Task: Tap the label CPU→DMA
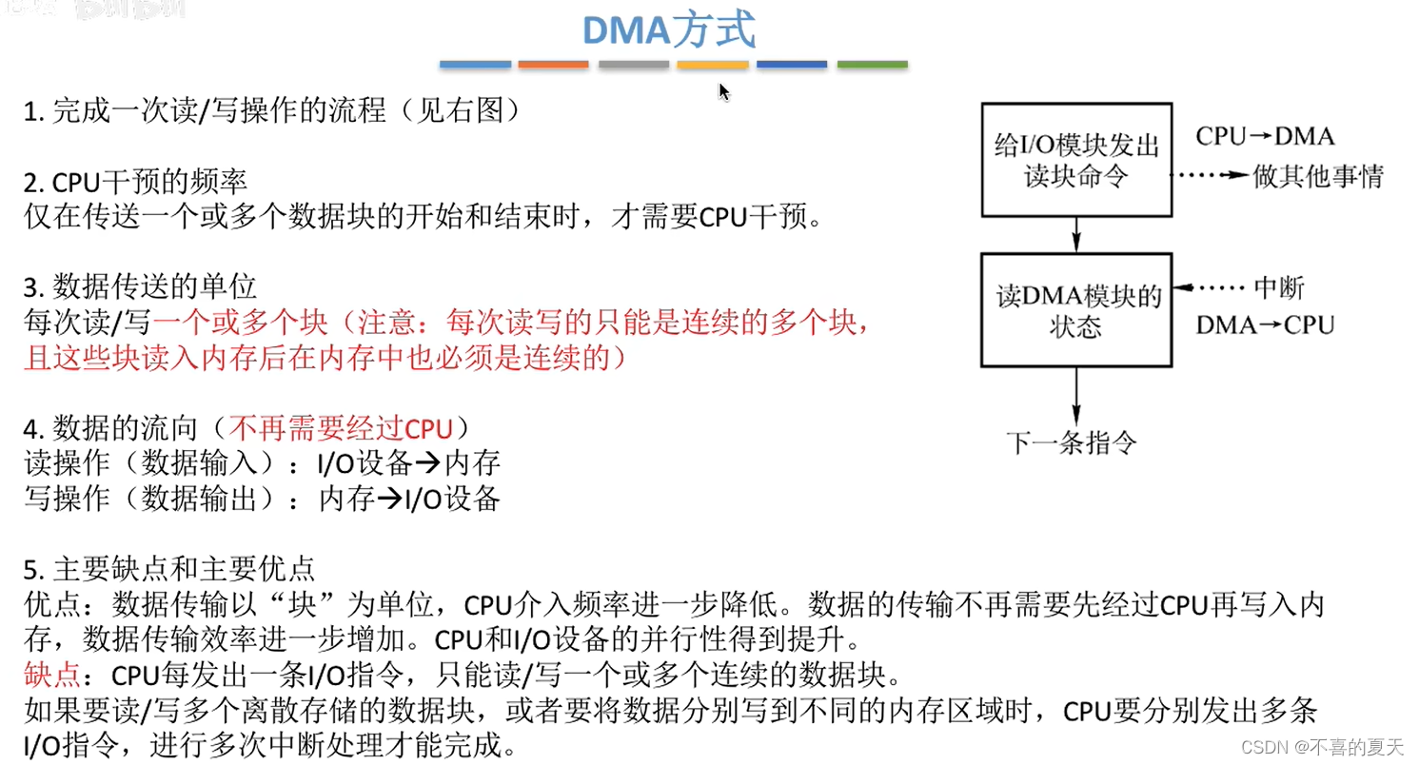(x=1265, y=136)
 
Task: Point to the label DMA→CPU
(x=1265, y=325)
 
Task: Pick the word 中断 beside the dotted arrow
(x=1279, y=288)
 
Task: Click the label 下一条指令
(x=1072, y=441)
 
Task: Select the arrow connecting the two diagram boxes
(x=1076, y=234)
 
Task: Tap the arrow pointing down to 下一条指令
(x=1076, y=394)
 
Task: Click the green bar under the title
(x=872, y=65)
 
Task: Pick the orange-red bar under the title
(x=553, y=65)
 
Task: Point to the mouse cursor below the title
(x=723, y=91)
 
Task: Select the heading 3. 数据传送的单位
(x=140, y=286)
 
